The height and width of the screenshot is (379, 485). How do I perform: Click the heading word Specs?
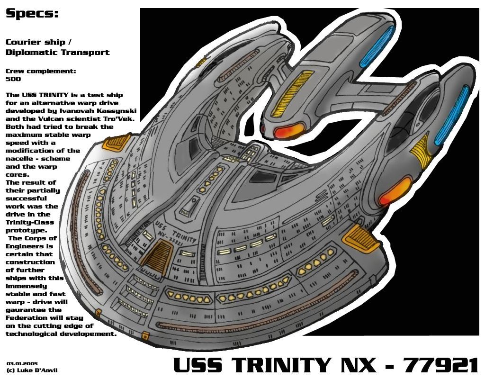coord(32,14)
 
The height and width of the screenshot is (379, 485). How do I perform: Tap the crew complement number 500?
coord(13,79)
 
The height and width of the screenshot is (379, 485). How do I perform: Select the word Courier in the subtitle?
coord(21,42)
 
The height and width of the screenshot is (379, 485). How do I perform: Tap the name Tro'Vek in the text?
coord(119,118)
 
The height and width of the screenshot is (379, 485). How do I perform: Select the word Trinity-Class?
coord(30,222)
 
